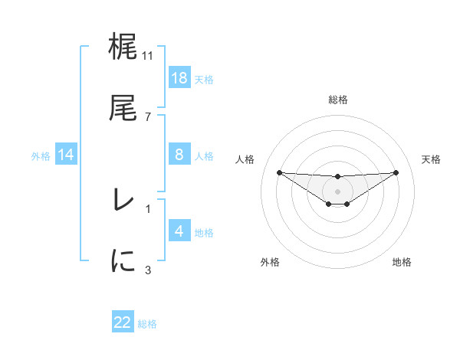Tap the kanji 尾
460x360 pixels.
coord(123,109)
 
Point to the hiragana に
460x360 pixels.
coord(123,260)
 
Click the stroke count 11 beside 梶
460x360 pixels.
coord(148,56)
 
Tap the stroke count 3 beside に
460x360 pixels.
coord(148,269)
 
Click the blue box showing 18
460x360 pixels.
coord(179,77)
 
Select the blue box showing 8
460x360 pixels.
coord(179,155)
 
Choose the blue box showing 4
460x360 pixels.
coord(179,231)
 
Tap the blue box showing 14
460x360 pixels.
coord(66,155)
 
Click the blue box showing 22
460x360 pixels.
coord(123,322)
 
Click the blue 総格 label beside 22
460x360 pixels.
coord(148,324)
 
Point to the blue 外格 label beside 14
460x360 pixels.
coord(40,155)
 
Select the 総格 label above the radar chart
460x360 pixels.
coord(338,100)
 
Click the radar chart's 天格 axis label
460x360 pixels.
coord(431,159)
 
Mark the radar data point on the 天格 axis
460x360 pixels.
coord(396,172)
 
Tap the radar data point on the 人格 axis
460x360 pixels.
coord(279,172)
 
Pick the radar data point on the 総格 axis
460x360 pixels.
coord(338,177)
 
